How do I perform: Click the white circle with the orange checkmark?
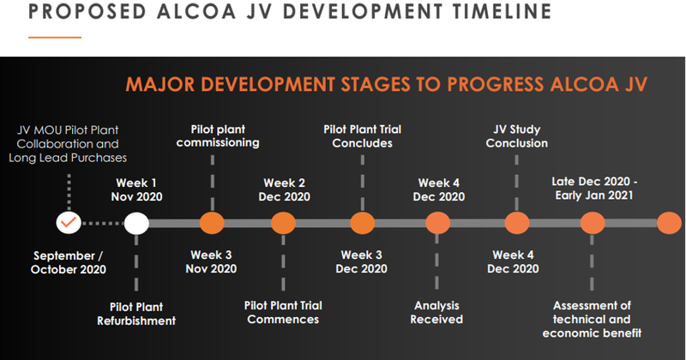69,223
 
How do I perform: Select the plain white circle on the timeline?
136,223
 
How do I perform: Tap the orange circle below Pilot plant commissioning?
212,223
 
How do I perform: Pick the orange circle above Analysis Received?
437,223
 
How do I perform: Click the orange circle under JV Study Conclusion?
517,223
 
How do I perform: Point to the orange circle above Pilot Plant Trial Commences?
284,223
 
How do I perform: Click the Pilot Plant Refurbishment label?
136,314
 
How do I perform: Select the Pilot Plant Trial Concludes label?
362,136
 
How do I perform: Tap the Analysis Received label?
436,312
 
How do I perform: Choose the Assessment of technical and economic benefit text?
592,320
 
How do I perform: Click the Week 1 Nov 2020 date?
136,189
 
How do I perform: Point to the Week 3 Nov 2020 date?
211,261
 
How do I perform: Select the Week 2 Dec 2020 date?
285,189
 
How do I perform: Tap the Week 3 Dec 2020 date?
361,261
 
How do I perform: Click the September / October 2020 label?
69,262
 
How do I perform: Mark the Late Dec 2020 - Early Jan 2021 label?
594,188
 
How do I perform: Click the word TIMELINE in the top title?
502,11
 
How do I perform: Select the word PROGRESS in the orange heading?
496,84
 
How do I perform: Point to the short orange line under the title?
55,38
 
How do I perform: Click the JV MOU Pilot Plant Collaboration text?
68,137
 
